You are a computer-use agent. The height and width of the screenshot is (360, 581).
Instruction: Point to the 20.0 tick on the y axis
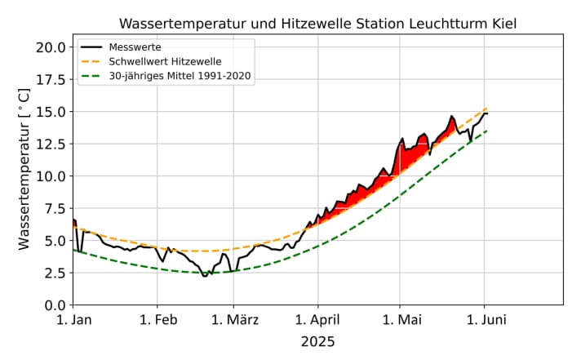coord(51,47)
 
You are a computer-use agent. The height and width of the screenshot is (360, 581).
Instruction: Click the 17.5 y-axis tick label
coord(51,79)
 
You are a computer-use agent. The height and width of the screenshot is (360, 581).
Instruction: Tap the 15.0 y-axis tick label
coord(51,111)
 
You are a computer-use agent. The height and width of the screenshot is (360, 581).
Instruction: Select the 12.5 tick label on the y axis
coord(51,144)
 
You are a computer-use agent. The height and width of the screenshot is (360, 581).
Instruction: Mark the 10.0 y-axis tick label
coord(51,176)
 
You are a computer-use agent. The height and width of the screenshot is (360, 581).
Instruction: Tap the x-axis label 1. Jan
coord(73,321)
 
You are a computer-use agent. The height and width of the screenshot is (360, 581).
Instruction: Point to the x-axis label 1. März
coord(232,321)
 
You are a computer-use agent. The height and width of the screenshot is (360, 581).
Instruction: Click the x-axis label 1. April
coord(317,321)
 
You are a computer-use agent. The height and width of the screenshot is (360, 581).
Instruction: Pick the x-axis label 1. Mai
coord(399,321)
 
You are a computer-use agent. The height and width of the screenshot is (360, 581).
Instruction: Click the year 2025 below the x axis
coord(317,341)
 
